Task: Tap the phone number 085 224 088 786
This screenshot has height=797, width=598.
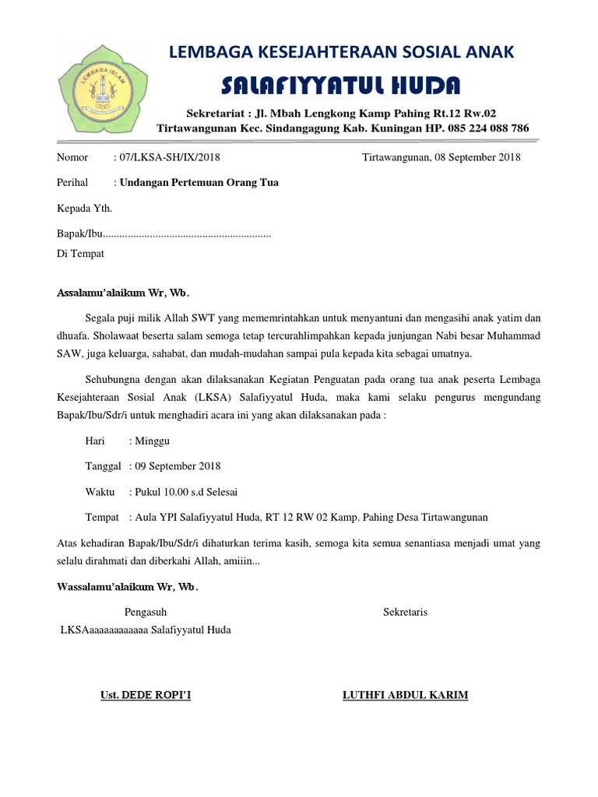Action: click(484, 128)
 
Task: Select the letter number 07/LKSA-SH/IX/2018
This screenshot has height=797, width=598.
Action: click(167, 158)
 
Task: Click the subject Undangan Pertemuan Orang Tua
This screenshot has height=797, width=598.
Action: click(198, 183)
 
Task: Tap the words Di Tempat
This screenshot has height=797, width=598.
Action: click(81, 254)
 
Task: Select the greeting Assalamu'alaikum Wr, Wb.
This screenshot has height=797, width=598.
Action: click(124, 293)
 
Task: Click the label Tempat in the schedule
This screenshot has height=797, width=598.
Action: click(102, 518)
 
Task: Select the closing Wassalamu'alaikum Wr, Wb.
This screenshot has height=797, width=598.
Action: click(128, 587)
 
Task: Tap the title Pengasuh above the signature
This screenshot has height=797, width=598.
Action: click(146, 613)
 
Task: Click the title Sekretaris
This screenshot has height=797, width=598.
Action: click(405, 613)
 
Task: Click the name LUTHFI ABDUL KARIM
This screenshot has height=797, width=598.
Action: click(405, 695)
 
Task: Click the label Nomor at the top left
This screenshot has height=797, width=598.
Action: click(75, 158)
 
